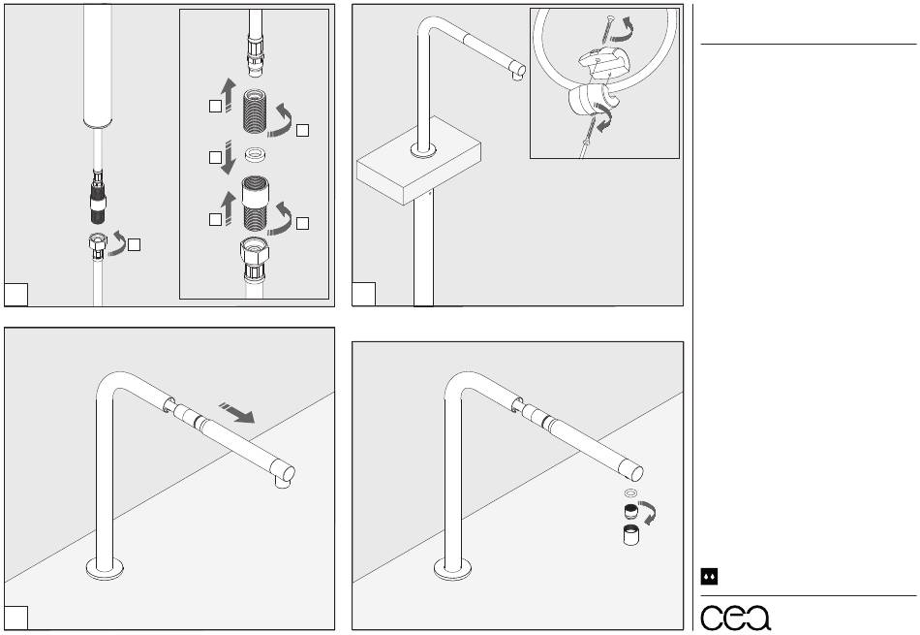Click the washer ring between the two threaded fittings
point(257,153)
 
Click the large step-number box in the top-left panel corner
point(16,293)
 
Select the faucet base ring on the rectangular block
point(423,151)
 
